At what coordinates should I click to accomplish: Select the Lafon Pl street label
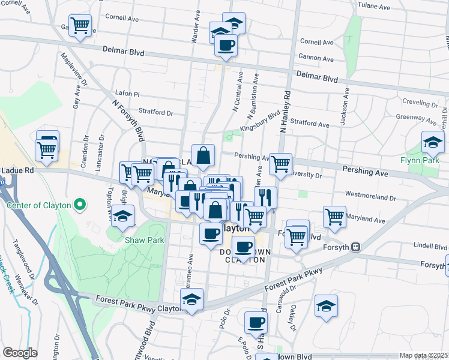pyautogui.click(x=127, y=94)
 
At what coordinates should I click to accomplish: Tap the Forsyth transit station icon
pyautogui.click(x=356, y=246)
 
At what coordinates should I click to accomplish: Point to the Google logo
pyautogui.click(x=20, y=353)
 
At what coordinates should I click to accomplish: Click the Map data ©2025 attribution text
pyautogui.click(x=424, y=355)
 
